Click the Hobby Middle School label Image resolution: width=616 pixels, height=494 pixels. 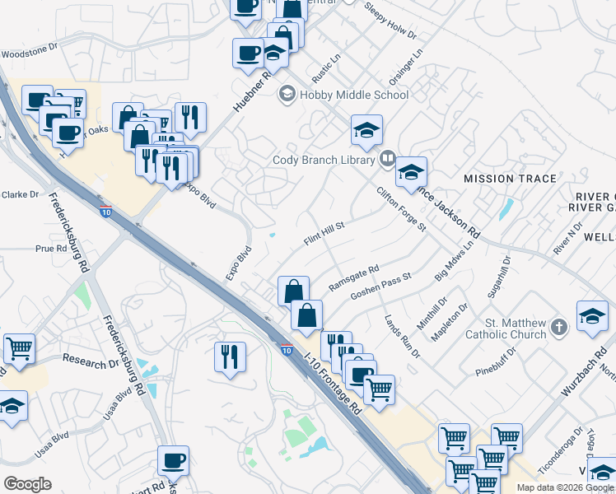354,95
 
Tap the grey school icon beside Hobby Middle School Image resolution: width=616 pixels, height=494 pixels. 287,94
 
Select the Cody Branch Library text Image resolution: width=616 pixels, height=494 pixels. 324,160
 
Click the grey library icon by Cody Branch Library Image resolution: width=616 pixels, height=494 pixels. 387,160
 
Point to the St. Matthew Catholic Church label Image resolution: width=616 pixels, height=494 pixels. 506,328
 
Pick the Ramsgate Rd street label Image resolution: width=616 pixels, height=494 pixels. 353,278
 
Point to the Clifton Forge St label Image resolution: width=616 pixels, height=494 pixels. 401,209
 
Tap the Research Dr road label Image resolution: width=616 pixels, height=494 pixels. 91,361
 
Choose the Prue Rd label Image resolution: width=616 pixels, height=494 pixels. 51,248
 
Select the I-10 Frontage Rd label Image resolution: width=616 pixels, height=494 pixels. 333,384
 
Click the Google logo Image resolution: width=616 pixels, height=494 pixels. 27,483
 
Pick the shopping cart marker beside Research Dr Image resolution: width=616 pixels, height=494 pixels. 19,348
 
